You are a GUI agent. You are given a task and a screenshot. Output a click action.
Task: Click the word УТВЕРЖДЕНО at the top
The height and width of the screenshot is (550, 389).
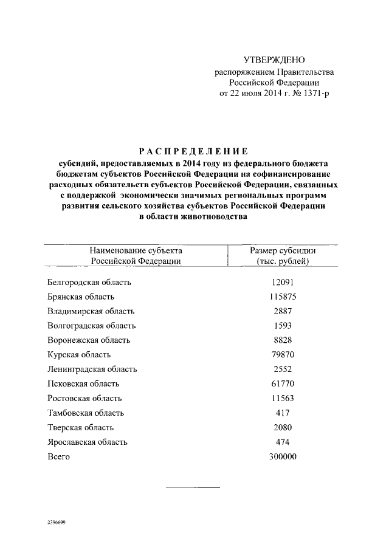coord(274,60)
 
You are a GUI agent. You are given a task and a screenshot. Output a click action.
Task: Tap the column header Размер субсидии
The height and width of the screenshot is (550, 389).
coord(283,250)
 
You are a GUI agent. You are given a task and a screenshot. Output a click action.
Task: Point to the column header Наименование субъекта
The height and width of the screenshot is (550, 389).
coord(136,250)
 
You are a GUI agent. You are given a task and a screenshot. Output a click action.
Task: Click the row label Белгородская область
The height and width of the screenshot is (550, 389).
coord(89,282)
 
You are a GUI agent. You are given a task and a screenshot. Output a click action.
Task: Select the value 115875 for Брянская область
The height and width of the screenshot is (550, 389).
coord(283,297)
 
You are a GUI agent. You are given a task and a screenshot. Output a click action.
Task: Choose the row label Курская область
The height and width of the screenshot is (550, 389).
coord(78,355)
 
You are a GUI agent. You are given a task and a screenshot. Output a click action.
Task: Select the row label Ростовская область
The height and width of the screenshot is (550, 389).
coord(84,398)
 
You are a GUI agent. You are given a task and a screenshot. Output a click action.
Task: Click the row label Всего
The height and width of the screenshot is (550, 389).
coord(58,456)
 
